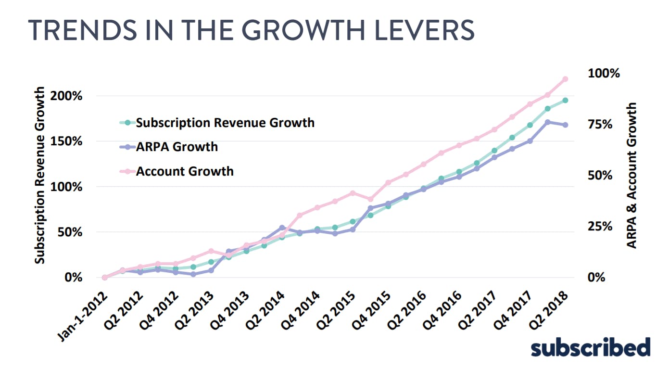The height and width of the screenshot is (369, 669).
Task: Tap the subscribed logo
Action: coord(590,347)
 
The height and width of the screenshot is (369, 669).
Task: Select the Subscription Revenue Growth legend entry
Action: coord(225,123)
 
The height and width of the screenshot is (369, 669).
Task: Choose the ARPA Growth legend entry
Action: coord(177,147)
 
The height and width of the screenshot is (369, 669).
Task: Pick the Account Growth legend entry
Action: coord(185,171)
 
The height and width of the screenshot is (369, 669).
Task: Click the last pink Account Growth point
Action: coord(566,79)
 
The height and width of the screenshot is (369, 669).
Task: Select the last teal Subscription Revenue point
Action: coord(566,100)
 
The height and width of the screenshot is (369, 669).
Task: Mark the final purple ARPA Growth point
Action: coord(566,125)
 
